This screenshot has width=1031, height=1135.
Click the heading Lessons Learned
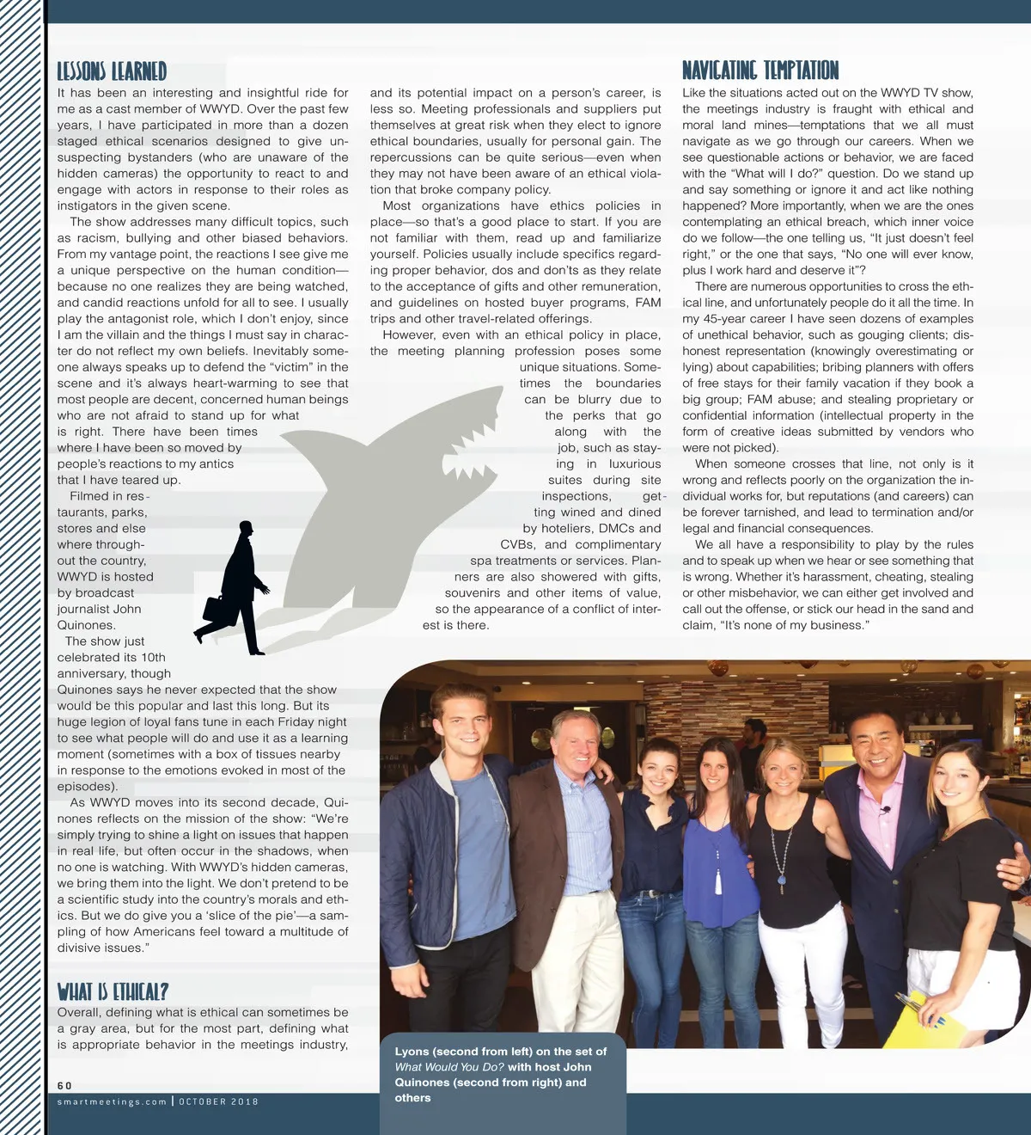[x=112, y=71]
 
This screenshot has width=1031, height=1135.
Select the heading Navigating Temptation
[x=760, y=70]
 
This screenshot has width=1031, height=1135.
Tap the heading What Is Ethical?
[x=113, y=991]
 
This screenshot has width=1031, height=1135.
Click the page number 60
[x=64, y=1086]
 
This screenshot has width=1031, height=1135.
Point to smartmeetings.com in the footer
[x=112, y=1101]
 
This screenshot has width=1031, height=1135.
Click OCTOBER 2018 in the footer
[x=218, y=1101]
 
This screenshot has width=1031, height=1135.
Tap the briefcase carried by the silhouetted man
[x=219, y=611]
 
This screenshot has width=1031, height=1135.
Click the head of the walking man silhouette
[x=246, y=528]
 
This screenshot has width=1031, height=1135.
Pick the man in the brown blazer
[x=571, y=860]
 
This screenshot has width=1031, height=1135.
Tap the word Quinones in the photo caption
[x=422, y=1083]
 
